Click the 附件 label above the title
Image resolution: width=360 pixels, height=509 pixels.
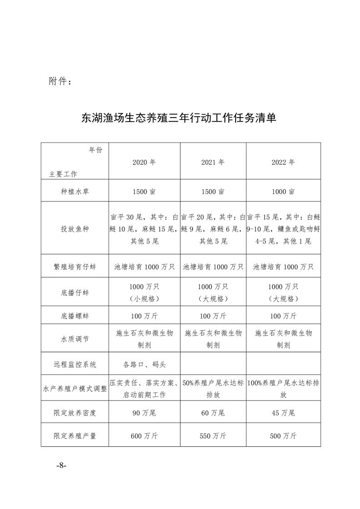coord(59,82)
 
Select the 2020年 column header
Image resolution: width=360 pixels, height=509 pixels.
coord(144,162)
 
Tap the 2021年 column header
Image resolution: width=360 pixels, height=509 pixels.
coord(213,162)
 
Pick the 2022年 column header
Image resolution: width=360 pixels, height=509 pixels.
coord(283,162)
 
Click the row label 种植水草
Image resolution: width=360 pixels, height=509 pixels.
coord(74,192)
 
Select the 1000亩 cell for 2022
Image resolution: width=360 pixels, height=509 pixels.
coord(283,192)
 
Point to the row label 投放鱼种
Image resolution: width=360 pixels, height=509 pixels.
coord(74,229)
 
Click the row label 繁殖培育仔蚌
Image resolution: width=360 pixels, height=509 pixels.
coord(74,267)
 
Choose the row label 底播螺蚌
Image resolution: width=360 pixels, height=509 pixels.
coord(74,315)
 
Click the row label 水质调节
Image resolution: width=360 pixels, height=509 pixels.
coord(74,338)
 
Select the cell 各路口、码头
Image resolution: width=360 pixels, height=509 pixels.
coord(144,364)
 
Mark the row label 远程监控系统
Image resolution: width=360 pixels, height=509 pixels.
coord(74,364)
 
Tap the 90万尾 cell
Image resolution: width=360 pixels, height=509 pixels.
coord(144,413)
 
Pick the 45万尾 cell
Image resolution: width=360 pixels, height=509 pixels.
coord(283,413)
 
